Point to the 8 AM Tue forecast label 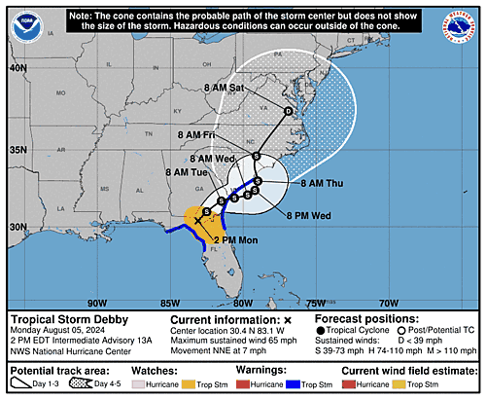click(x=189, y=172)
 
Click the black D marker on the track click(x=287, y=112)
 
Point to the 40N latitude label click(x=17, y=69)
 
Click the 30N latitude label click(x=17, y=226)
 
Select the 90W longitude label click(x=94, y=303)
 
